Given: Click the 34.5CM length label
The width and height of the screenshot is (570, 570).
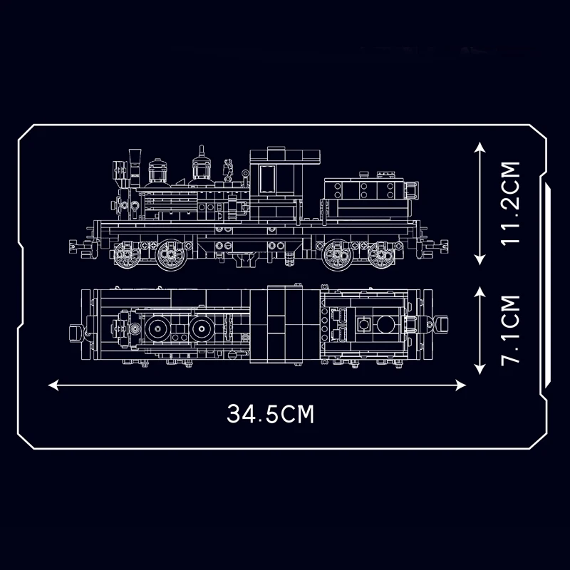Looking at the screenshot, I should tap(271, 414).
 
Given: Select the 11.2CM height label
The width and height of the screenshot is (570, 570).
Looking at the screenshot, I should tap(510, 203).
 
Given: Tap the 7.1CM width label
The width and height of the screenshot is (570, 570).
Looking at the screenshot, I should tap(510, 328).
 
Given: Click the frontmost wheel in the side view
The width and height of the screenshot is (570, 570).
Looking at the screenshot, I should tap(126, 254).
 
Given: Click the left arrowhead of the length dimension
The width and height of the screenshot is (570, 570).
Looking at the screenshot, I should tap(52, 385).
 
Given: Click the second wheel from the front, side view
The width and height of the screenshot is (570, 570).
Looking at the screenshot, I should tap(170, 254).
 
